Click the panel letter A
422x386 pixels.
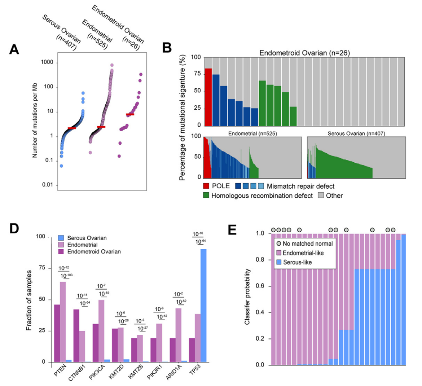14,49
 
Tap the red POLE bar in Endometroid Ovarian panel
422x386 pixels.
208,97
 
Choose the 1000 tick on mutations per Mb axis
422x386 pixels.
47,62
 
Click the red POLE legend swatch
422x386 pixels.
206,186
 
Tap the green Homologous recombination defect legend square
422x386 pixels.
206,196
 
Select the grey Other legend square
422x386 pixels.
321,196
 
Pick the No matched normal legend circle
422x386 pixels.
278,244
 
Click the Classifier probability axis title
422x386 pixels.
247,296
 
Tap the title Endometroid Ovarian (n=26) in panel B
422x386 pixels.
304,53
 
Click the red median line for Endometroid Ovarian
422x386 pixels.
130,114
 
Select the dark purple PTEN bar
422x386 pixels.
57,333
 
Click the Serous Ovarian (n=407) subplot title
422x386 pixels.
356,133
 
